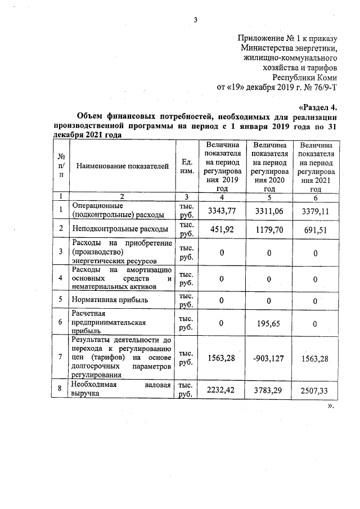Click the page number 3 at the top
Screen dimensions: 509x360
coord(196,21)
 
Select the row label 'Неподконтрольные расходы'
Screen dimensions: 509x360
coord(120,229)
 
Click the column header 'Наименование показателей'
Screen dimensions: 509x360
coord(122,166)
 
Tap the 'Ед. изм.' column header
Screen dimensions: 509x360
coord(185,166)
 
